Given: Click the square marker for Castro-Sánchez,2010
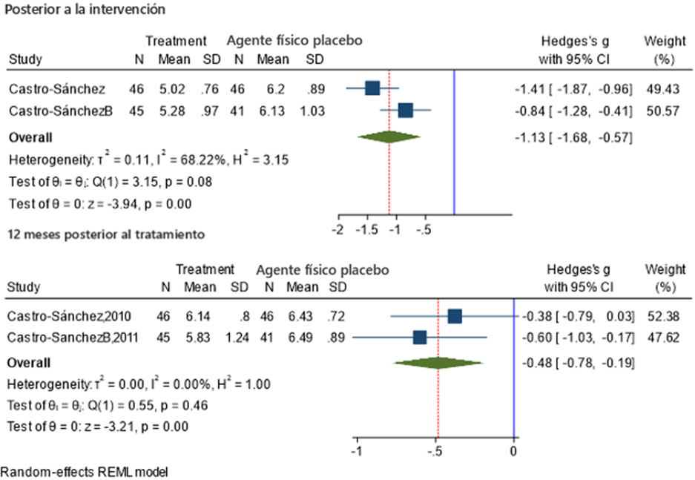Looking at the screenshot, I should (455, 317).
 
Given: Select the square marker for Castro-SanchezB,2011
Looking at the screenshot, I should (420, 338).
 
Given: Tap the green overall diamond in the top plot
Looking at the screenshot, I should (389, 137).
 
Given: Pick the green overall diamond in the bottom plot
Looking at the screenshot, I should (438, 363).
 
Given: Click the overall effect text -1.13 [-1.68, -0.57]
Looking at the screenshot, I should (573, 137).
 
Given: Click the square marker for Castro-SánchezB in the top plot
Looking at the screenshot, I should (405, 111).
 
